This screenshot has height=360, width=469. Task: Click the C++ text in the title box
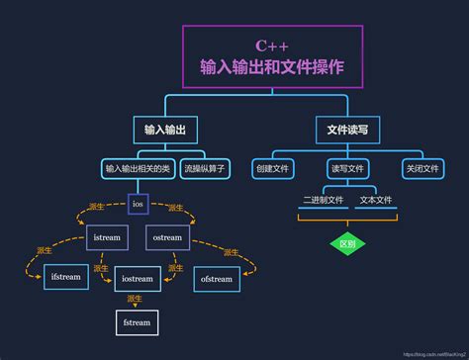pyautogui.click(x=272, y=45)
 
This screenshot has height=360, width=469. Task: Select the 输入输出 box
pyautogui.click(x=165, y=131)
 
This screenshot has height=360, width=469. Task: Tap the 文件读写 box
pyautogui.click(x=346, y=131)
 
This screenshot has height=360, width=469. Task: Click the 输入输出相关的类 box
pyautogui.click(x=137, y=168)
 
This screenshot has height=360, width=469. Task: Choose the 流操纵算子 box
pyautogui.click(x=205, y=168)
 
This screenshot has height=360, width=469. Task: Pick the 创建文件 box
pyautogui.click(x=273, y=168)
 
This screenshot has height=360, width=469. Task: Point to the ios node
pyautogui.click(x=138, y=205)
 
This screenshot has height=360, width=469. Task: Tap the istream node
pyautogui.click(x=107, y=238)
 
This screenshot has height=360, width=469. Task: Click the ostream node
pyautogui.click(x=167, y=238)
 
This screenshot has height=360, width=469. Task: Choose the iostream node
pyautogui.click(x=138, y=279)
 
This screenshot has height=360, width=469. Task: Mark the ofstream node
pyautogui.click(x=216, y=279)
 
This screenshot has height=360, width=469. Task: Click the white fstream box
pyautogui.click(x=137, y=321)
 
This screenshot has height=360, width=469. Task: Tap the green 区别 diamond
pyautogui.click(x=346, y=242)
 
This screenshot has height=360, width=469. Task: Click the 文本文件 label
pyautogui.click(x=376, y=200)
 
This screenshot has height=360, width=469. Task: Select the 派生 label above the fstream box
pyautogui.click(x=136, y=299)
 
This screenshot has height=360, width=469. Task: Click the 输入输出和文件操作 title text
pyautogui.click(x=272, y=67)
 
